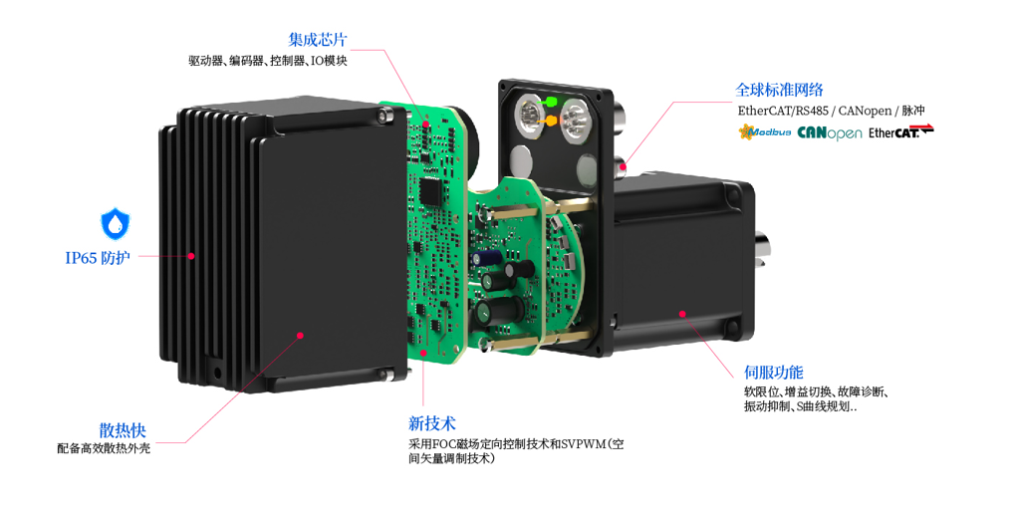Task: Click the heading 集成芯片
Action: tap(318, 41)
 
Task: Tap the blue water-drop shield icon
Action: tap(117, 223)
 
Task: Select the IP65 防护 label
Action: tap(98, 259)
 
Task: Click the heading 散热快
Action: tap(123, 429)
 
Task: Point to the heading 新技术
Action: tap(432, 423)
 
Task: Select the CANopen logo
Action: tap(830, 132)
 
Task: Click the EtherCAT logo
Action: tap(900, 131)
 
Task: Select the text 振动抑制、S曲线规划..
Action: tap(800, 407)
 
